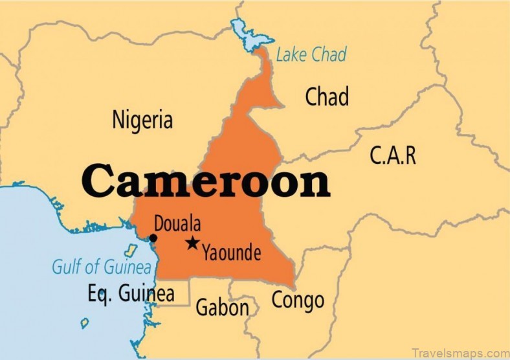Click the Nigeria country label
(142, 120)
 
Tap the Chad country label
(327, 97)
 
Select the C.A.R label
(393, 155)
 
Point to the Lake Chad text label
(311, 54)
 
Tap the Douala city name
(177, 225)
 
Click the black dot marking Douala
(153, 238)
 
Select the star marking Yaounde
(192, 243)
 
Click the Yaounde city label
(231, 253)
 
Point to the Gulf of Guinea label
(102, 267)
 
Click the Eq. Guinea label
(131, 293)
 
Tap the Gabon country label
(222, 307)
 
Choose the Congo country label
(297, 300)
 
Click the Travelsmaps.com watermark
(460, 352)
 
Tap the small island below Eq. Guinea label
(85, 322)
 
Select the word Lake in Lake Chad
(291, 54)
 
